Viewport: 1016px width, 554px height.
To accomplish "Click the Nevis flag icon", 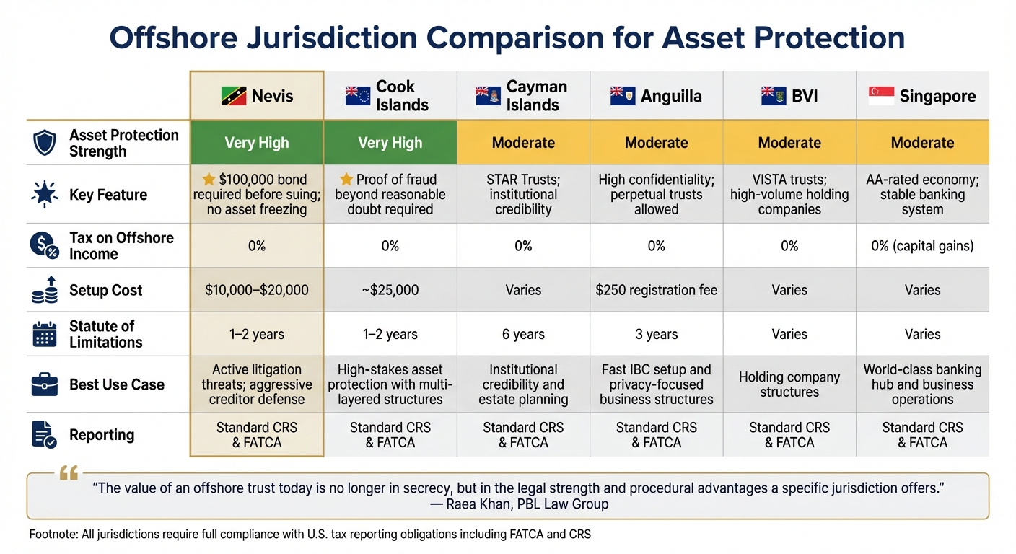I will click(x=234, y=96).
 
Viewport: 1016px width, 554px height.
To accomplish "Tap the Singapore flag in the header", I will click(x=880, y=96).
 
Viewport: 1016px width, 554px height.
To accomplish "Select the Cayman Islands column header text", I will click(x=536, y=96).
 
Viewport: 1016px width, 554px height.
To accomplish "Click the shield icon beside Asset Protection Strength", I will click(x=45, y=143).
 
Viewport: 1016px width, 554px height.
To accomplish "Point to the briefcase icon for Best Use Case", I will click(x=45, y=384).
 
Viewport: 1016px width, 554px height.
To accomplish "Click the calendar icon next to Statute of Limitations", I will click(x=45, y=334).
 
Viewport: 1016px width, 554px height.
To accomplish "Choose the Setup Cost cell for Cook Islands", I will click(x=390, y=290).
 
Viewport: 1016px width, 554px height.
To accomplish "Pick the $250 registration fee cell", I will click(x=656, y=290).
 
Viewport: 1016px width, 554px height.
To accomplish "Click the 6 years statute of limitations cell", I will click(x=523, y=334).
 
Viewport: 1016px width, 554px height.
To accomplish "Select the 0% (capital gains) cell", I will click(x=922, y=246).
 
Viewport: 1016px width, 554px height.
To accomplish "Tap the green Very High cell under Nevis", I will click(x=257, y=143).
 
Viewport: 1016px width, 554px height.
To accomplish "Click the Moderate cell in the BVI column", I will click(x=789, y=143).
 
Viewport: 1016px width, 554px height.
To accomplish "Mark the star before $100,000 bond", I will click(x=209, y=179).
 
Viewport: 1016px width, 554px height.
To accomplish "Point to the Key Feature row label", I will click(x=108, y=195).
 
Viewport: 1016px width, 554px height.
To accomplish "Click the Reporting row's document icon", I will click(x=45, y=434).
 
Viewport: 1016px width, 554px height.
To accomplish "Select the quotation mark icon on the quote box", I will click(x=69, y=473).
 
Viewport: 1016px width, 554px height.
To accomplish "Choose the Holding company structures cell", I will click(x=789, y=384).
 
